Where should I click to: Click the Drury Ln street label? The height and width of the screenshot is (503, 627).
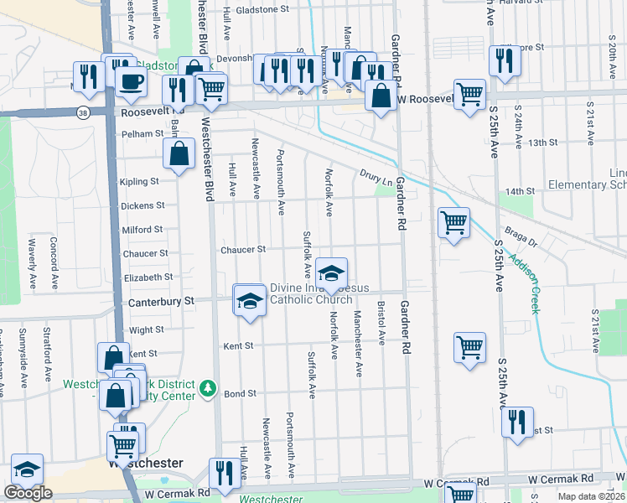pyautogui.click(x=376, y=178)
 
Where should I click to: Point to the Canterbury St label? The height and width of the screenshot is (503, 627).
pyautogui.click(x=161, y=300)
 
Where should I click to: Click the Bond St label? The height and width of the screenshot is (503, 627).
pyautogui.click(x=239, y=393)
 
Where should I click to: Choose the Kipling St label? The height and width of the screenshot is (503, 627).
pyautogui.click(x=139, y=181)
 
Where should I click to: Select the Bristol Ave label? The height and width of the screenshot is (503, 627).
pyautogui.click(x=382, y=324)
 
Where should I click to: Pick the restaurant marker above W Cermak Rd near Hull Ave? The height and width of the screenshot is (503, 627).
pyautogui.click(x=224, y=473)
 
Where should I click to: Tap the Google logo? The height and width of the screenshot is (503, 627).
pyautogui.click(x=28, y=493)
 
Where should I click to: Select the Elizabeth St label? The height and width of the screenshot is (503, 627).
pyautogui.click(x=148, y=277)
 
